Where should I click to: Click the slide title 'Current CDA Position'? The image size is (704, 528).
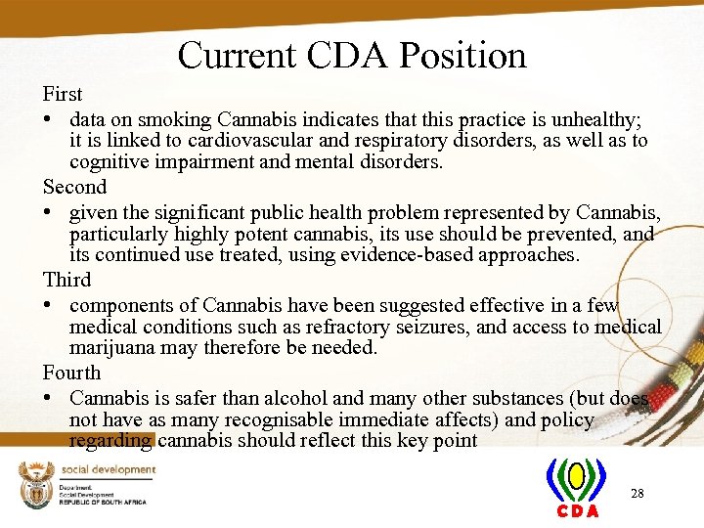[x=352, y=55]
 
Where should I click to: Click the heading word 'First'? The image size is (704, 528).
[x=63, y=95]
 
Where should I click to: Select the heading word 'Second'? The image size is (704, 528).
[x=74, y=187]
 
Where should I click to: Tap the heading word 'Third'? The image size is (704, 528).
[x=66, y=280]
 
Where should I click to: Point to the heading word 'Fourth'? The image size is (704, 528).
[x=71, y=373]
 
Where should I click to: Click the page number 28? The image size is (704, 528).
[x=637, y=494]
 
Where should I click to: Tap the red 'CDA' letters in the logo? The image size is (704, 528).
[x=577, y=511]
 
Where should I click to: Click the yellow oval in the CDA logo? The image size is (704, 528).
[x=577, y=476]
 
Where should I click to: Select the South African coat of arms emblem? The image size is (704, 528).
[x=34, y=484]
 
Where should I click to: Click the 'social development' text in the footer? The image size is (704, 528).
[x=108, y=469]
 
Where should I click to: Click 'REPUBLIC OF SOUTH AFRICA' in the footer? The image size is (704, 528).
[x=102, y=502]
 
